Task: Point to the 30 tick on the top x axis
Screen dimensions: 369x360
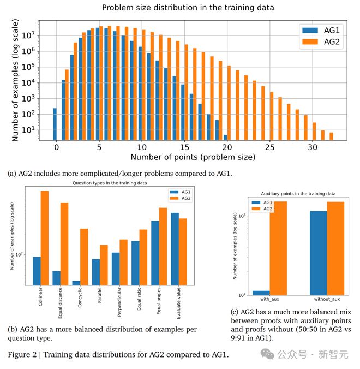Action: click(x=312, y=147)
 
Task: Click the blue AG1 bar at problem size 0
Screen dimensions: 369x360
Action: click(x=55, y=124)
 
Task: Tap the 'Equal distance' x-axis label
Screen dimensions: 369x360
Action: click(x=59, y=303)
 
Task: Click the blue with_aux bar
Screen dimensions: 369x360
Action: click(x=261, y=293)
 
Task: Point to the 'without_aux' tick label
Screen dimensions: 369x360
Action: click(x=327, y=299)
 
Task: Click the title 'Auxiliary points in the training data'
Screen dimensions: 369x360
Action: click(x=298, y=194)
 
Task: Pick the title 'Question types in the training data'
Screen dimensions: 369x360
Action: click(x=110, y=183)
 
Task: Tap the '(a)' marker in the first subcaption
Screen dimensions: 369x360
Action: click(x=12, y=174)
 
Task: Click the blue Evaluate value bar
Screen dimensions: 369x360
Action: click(x=175, y=248)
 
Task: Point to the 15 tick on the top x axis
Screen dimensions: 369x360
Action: click(x=184, y=147)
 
